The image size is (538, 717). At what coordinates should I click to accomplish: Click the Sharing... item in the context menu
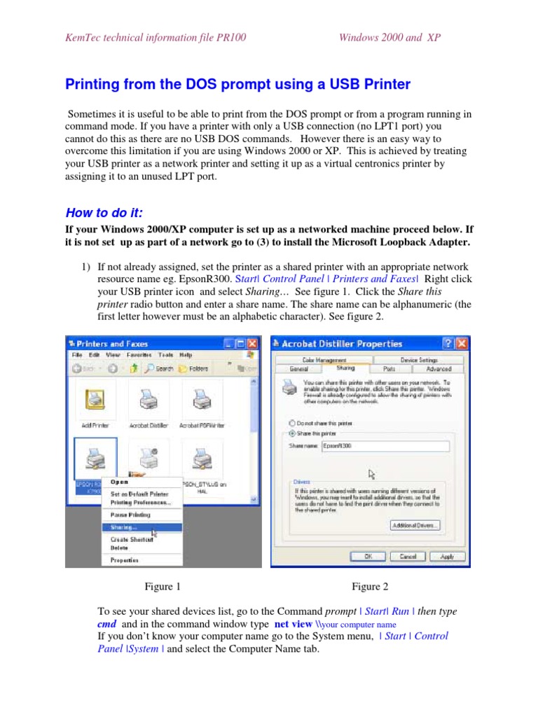[124, 527]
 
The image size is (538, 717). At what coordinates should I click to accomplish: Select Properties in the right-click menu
[125, 560]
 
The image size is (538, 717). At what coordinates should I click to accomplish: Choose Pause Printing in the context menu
[130, 515]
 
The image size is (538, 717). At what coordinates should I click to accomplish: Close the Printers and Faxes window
[252, 344]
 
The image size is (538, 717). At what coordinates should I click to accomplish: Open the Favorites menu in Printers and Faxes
[139, 355]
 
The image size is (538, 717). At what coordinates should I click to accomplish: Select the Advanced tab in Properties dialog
[439, 368]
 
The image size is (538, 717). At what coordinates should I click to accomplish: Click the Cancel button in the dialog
[408, 557]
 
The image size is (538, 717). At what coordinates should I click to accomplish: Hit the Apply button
[447, 557]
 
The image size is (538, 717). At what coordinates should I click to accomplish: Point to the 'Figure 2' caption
[371, 587]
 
